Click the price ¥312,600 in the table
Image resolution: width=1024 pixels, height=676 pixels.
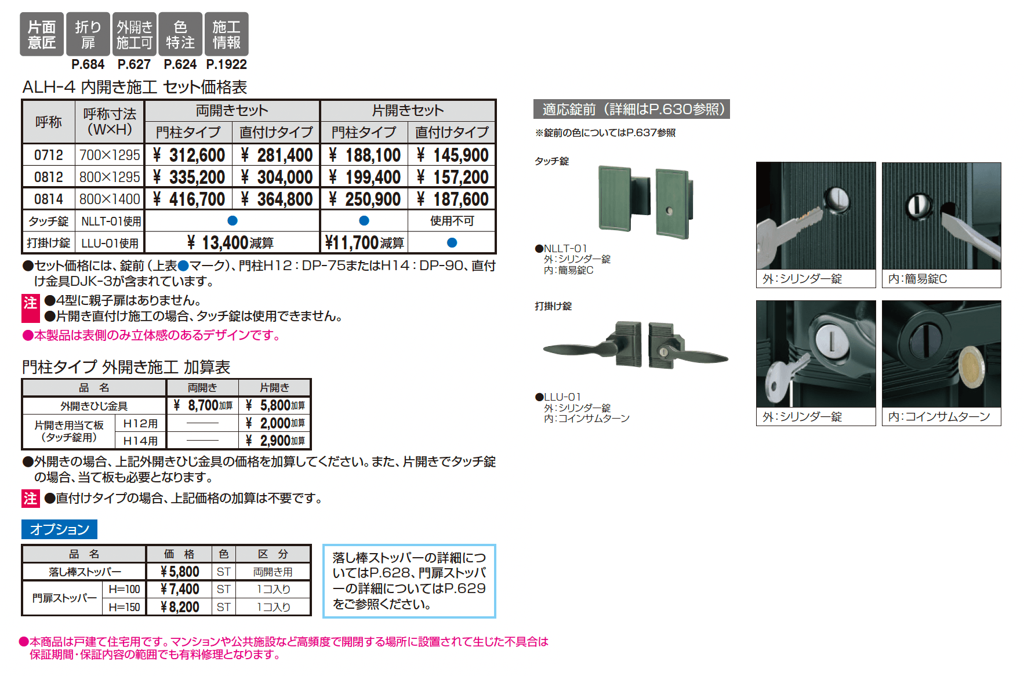click(x=189, y=155)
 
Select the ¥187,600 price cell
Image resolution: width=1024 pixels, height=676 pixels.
click(x=453, y=199)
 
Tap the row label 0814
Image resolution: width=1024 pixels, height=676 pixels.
click(x=49, y=199)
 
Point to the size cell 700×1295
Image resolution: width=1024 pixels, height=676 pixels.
click(x=110, y=155)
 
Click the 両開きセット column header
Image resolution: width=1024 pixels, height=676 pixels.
click(x=232, y=111)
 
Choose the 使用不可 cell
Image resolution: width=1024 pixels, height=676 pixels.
click(x=452, y=221)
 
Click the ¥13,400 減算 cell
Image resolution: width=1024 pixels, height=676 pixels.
click(x=231, y=243)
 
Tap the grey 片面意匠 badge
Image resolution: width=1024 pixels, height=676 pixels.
click(x=42, y=35)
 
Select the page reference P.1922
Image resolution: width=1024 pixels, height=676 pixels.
click(x=227, y=64)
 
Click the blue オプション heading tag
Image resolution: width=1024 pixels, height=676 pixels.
click(x=59, y=529)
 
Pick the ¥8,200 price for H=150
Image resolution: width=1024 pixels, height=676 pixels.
click(x=180, y=607)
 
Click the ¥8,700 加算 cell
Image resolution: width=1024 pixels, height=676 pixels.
click(x=203, y=405)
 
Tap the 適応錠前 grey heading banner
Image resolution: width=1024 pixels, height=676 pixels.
click(x=631, y=109)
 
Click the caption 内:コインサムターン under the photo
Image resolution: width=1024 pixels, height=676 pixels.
click(x=939, y=417)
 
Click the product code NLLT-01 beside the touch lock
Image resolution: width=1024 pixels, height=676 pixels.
click(x=565, y=248)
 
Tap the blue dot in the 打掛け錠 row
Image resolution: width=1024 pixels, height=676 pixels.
click(x=452, y=243)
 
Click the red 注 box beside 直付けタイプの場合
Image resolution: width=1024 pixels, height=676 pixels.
click(x=31, y=499)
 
